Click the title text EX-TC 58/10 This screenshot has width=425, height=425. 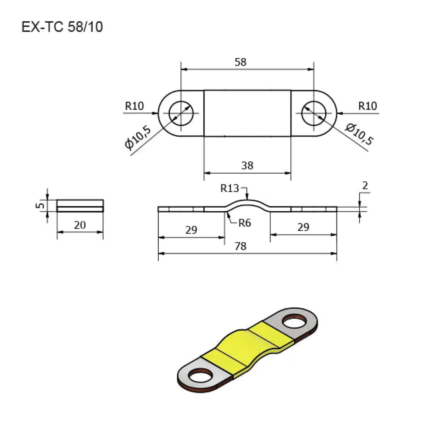pos(62,27)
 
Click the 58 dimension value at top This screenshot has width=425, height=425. pos(241,62)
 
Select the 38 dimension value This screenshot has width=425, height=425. pos(247,165)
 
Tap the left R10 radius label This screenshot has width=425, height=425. pos(135,106)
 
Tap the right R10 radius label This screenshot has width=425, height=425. pos(367,106)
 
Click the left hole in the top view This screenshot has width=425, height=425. pos(181,113)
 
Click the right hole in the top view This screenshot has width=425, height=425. pos(314,113)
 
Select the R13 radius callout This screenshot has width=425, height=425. pos(229,188)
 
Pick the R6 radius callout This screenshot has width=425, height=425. pos(245,223)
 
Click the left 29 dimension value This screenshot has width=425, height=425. pos(191,230)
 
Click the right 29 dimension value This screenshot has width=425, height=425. pos(303,227)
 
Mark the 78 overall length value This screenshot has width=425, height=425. pos(241,246)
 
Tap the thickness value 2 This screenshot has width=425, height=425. pos(365,186)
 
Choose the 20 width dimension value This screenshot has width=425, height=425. pos(80,225)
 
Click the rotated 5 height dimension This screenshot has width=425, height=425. pos(41,205)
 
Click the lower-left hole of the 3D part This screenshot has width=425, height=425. pos(200,377)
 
